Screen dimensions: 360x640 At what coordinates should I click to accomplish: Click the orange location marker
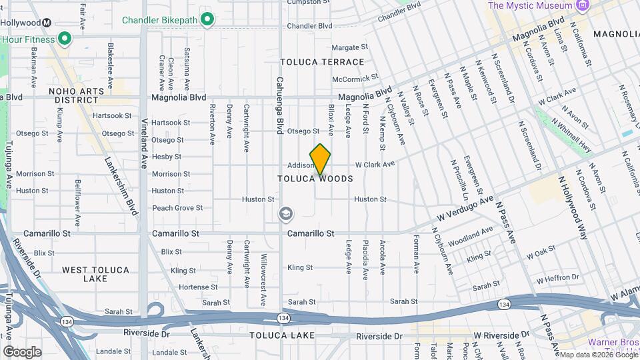pyautogui.click(x=321, y=159)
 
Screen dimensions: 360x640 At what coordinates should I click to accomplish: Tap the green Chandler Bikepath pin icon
pyautogui.click(x=207, y=20)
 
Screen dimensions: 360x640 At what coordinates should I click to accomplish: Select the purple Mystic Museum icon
pyautogui.click(x=584, y=5)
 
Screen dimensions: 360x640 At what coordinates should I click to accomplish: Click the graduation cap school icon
pyautogui.click(x=285, y=214)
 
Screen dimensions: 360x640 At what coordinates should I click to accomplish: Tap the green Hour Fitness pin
pyautogui.click(x=65, y=38)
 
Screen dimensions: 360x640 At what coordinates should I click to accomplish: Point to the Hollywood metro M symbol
pyautogui.click(x=47, y=22)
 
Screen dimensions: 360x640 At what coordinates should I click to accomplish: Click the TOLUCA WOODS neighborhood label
pyautogui.click(x=315, y=179)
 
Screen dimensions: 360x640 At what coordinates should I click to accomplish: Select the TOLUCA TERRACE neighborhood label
pyautogui.click(x=322, y=62)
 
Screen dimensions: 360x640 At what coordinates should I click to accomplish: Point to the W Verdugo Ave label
pyautogui.click(x=465, y=208)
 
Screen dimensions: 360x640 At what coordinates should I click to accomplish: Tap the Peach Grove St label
pyautogui.click(x=177, y=208)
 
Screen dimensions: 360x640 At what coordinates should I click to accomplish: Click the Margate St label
pyautogui.click(x=350, y=47)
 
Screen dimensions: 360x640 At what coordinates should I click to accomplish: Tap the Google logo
pyautogui.click(x=21, y=351)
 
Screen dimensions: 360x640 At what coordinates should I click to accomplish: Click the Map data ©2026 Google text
pyautogui.click(x=597, y=355)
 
